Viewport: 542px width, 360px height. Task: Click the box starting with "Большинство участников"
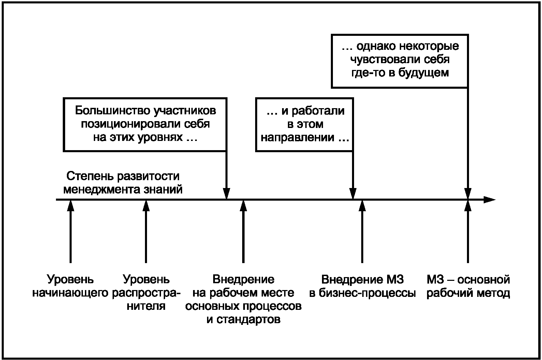(145, 125)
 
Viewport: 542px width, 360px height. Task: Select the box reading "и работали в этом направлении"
(305, 125)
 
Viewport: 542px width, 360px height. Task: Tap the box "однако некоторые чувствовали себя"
(400, 61)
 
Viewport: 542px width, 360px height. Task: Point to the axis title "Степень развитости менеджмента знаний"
(123, 183)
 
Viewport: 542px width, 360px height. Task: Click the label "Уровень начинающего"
(70, 286)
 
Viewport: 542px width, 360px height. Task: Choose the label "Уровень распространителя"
(146, 292)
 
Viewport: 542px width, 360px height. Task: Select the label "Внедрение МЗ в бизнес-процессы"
(363, 286)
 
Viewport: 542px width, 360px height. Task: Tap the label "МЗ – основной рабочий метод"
(468, 286)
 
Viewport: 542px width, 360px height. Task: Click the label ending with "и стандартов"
(244, 299)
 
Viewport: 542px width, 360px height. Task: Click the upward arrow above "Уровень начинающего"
(70, 232)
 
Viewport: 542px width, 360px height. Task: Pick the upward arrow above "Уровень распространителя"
(146, 232)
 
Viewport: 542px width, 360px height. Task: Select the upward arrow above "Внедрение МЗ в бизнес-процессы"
(362, 232)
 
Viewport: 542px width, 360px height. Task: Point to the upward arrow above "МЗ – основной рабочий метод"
(468, 232)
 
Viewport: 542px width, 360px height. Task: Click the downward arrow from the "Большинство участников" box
(226, 175)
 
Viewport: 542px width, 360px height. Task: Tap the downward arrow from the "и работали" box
(353, 175)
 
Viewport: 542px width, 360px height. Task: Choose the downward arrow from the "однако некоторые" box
(468, 144)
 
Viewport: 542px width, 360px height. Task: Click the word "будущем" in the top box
(423, 73)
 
